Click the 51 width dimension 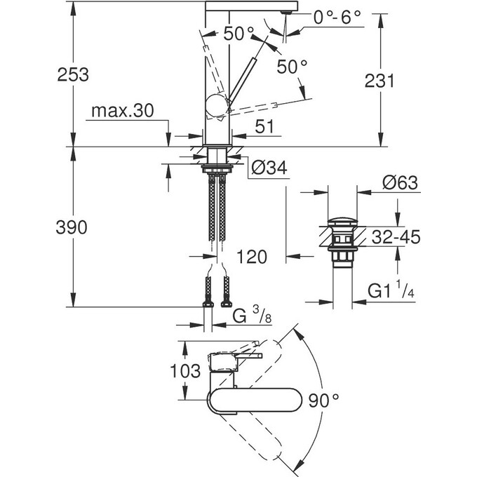click(x=260, y=127)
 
